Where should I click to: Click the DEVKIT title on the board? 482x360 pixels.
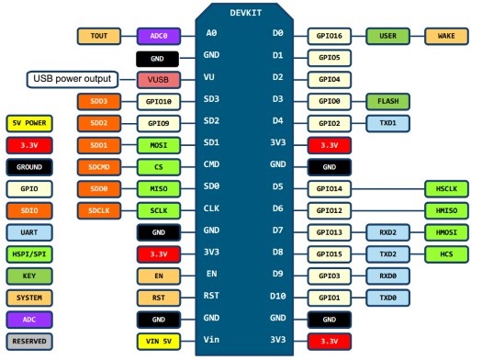pyautogui.click(x=245, y=13)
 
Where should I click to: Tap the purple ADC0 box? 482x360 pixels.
pyautogui.click(x=158, y=37)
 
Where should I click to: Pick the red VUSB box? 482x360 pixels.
pyautogui.click(x=158, y=80)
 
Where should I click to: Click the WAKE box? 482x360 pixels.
pyautogui.click(x=446, y=37)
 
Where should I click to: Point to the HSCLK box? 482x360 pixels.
pyautogui.click(x=446, y=188)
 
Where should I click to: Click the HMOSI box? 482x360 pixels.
pyautogui.click(x=446, y=232)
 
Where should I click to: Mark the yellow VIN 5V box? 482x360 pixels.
pyautogui.click(x=158, y=342)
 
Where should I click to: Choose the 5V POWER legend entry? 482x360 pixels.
pyautogui.click(x=29, y=123)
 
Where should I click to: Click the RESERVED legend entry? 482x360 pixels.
pyautogui.click(x=29, y=342)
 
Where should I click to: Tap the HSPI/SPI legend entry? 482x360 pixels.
pyautogui.click(x=29, y=254)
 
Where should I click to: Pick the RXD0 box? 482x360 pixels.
pyautogui.click(x=387, y=276)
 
